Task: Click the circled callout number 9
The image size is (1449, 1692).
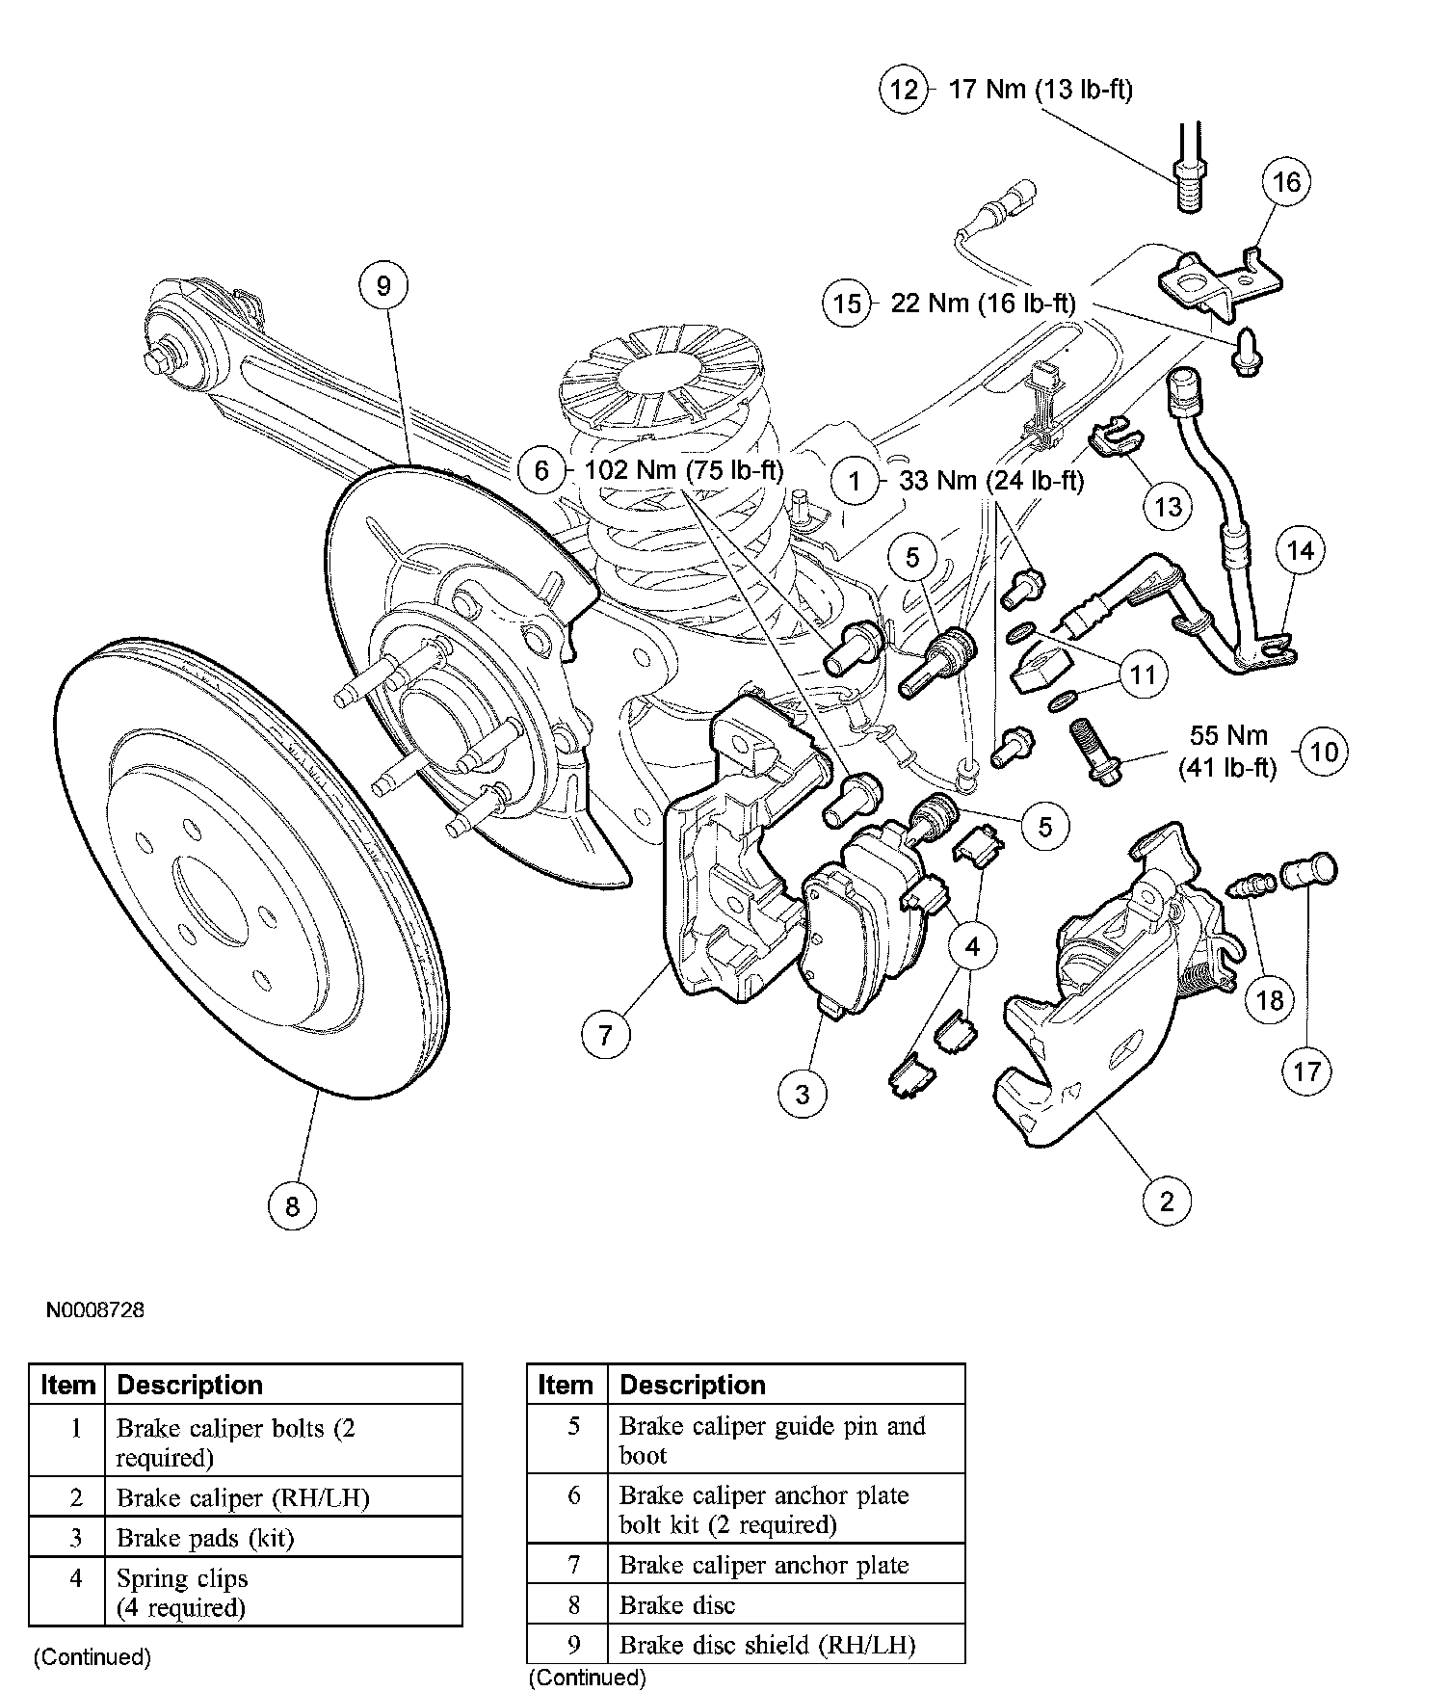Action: [x=383, y=286]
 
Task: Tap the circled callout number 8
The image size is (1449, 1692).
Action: [x=292, y=1205]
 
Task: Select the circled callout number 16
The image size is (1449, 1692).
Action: [x=1288, y=182]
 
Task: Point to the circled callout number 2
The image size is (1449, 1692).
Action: [x=1167, y=1201]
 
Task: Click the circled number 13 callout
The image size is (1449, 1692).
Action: [x=1168, y=506]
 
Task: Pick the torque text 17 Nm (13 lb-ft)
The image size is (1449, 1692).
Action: [x=1041, y=90]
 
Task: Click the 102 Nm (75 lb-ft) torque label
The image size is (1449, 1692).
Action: [x=684, y=470]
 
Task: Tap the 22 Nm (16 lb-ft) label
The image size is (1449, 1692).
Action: [x=983, y=304]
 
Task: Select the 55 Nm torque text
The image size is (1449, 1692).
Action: [x=1227, y=735]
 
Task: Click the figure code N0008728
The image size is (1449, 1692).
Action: [x=94, y=1310]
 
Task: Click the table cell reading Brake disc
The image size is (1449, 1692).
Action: [x=677, y=1605]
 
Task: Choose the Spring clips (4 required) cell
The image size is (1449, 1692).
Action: [x=182, y=1593]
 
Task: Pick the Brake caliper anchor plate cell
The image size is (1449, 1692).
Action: [x=763, y=1565]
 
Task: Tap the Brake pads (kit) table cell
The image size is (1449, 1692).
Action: [x=204, y=1538]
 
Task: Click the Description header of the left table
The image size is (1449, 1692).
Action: [x=190, y=1385]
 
